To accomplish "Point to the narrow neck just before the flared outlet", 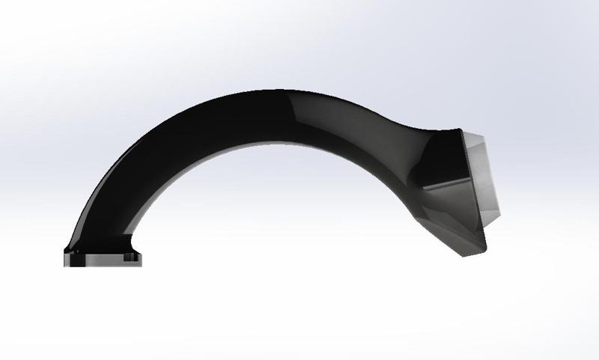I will click(x=408, y=138).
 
